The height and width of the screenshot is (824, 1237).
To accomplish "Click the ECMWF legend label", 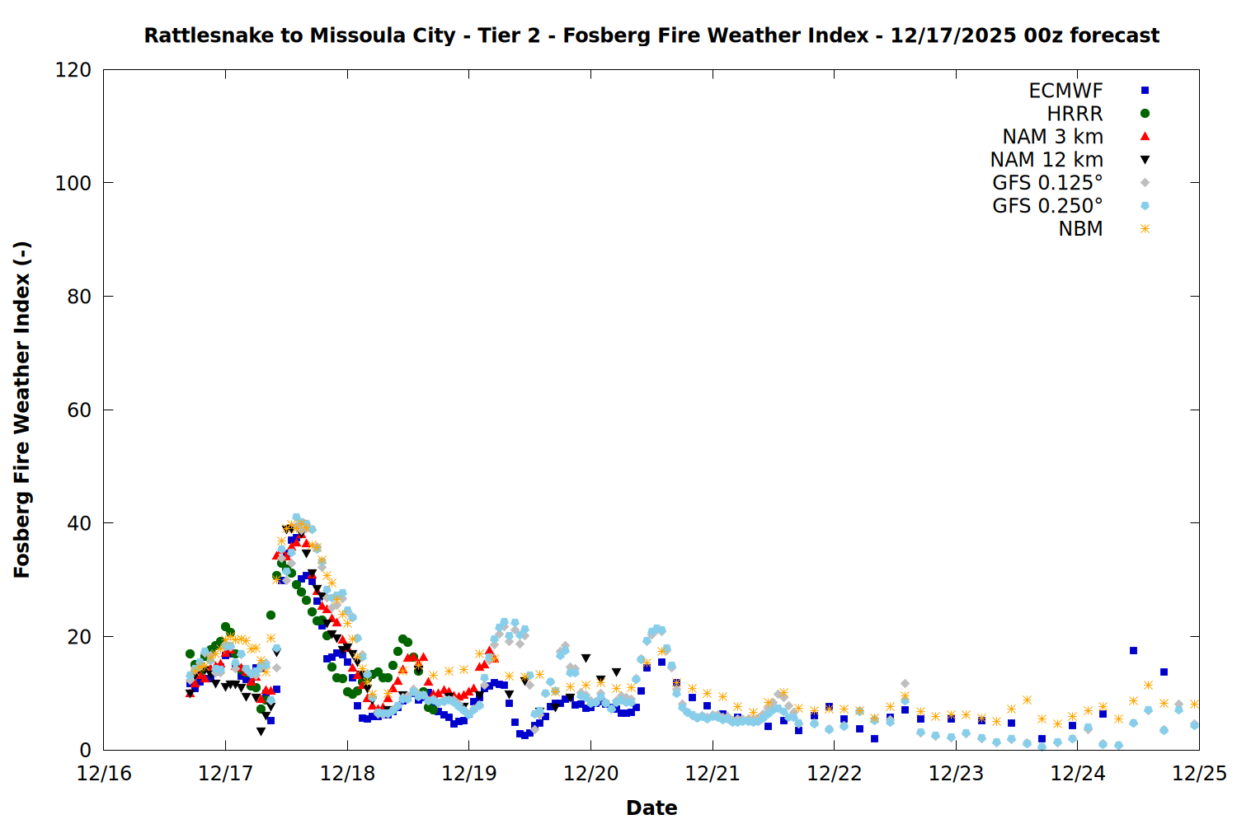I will click(x=1065, y=91).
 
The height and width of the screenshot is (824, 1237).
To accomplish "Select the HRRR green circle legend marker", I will click(x=1145, y=114).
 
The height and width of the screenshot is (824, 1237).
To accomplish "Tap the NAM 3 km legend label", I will click(x=1052, y=137).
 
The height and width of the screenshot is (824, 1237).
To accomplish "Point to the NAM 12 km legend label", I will click(x=1047, y=160).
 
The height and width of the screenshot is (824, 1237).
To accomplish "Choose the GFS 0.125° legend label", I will click(x=1047, y=183).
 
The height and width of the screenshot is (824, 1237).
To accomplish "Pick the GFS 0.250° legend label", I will click(x=1047, y=206).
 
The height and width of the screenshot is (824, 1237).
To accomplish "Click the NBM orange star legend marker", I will click(x=1145, y=229).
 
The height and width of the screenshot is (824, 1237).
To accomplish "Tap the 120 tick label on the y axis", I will click(x=73, y=70).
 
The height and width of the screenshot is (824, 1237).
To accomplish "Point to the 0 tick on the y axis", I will click(x=86, y=750).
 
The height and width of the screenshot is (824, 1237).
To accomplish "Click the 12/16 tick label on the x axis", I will click(x=104, y=774).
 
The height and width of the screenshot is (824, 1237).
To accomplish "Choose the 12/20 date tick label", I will click(x=590, y=774).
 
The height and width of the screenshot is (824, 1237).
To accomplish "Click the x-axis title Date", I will click(x=651, y=808).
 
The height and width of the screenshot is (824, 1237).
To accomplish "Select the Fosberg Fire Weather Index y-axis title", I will click(x=22, y=410).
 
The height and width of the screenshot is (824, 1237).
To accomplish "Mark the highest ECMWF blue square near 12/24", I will click(x=1133, y=651).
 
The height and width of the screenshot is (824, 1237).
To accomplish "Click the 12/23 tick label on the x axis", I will click(x=956, y=774).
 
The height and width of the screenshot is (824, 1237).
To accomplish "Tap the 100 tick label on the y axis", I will click(x=73, y=183).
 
